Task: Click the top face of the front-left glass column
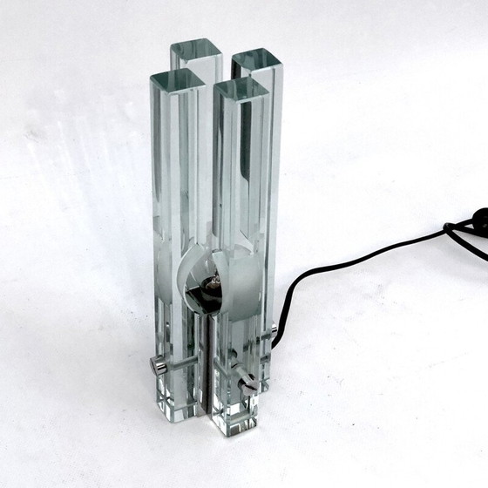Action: coord(177,80)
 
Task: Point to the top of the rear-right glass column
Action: coord(256,61)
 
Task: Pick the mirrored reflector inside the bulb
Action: coord(193,279)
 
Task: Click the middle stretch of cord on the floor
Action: coord(349,266)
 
